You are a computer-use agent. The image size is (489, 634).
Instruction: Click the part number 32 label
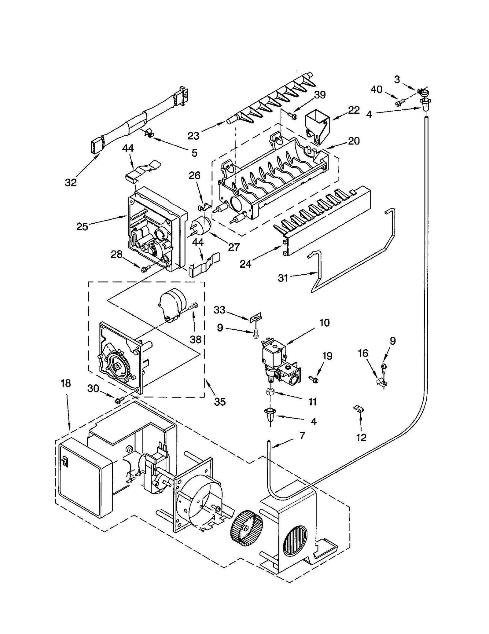(x=71, y=182)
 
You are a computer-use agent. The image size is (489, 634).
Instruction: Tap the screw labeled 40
(x=399, y=103)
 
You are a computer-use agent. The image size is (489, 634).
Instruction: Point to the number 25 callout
(x=82, y=227)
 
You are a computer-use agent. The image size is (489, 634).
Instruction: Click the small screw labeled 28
(x=144, y=269)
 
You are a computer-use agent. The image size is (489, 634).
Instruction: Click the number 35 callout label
(x=219, y=402)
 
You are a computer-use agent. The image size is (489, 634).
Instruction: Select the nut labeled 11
(x=270, y=392)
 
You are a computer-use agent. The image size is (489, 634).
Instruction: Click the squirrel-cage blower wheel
(x=246, y=530)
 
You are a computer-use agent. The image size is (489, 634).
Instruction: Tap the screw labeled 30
(x=119, y=400)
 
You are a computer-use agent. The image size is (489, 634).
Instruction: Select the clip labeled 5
(x=148, y=133)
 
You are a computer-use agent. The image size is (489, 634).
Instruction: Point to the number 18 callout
(x=66, y=383)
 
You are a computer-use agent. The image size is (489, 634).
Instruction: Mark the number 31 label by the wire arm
(x=283, y=278)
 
